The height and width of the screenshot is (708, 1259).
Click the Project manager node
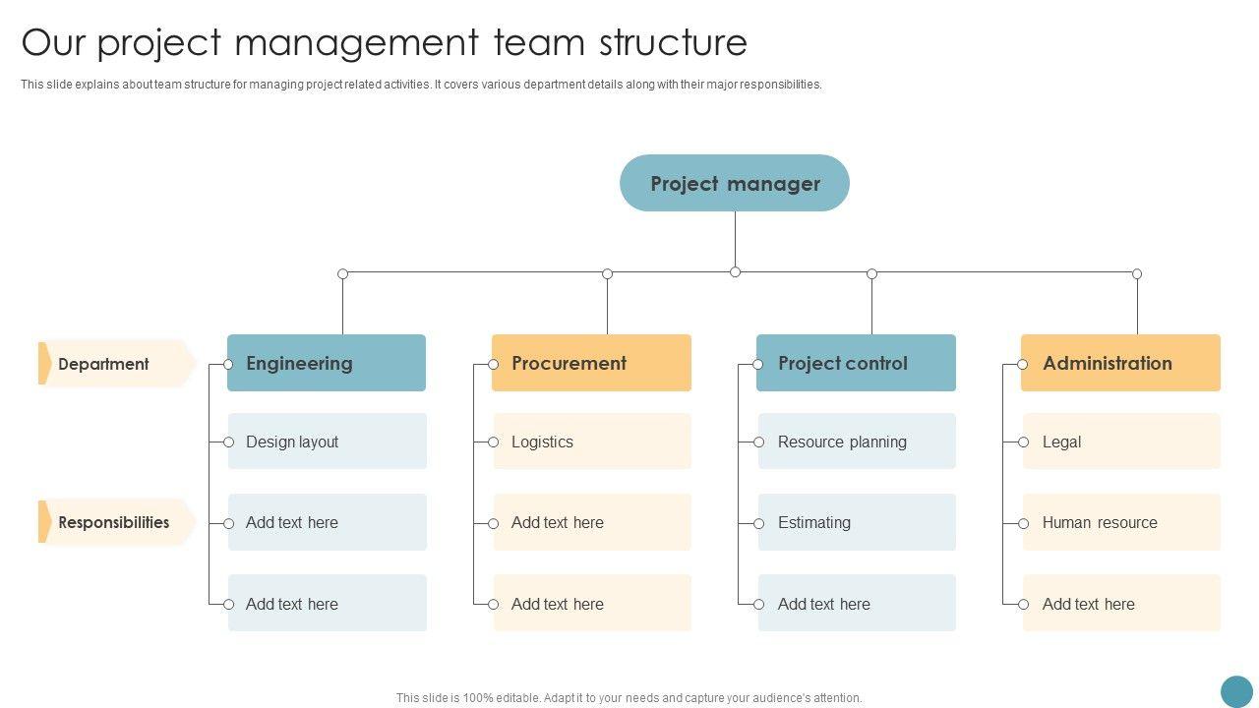pos(735,183)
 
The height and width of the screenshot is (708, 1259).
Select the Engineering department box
pos(327,363)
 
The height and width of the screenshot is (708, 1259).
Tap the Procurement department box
pos(591,363)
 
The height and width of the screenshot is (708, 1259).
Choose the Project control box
pos(856,363)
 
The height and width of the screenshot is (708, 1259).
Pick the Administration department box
pos(1120,363)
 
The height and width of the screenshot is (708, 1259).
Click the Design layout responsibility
pos(327,442)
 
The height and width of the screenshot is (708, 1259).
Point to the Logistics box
pos(591,442)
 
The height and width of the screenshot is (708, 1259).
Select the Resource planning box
pos(856,442)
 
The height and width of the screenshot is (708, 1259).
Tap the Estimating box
pos(856,522)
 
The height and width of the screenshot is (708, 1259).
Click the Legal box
pos(1120,442)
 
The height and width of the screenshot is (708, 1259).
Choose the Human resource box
pos(1120,522)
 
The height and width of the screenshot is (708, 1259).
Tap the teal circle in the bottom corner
pos(1236,691)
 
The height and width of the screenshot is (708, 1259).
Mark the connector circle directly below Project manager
pos(735,272)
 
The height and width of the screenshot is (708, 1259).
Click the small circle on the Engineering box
pos(228,364)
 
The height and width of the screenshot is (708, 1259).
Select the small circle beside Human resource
pos(1023,523)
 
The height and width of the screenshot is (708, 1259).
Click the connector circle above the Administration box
pos(1137,273)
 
